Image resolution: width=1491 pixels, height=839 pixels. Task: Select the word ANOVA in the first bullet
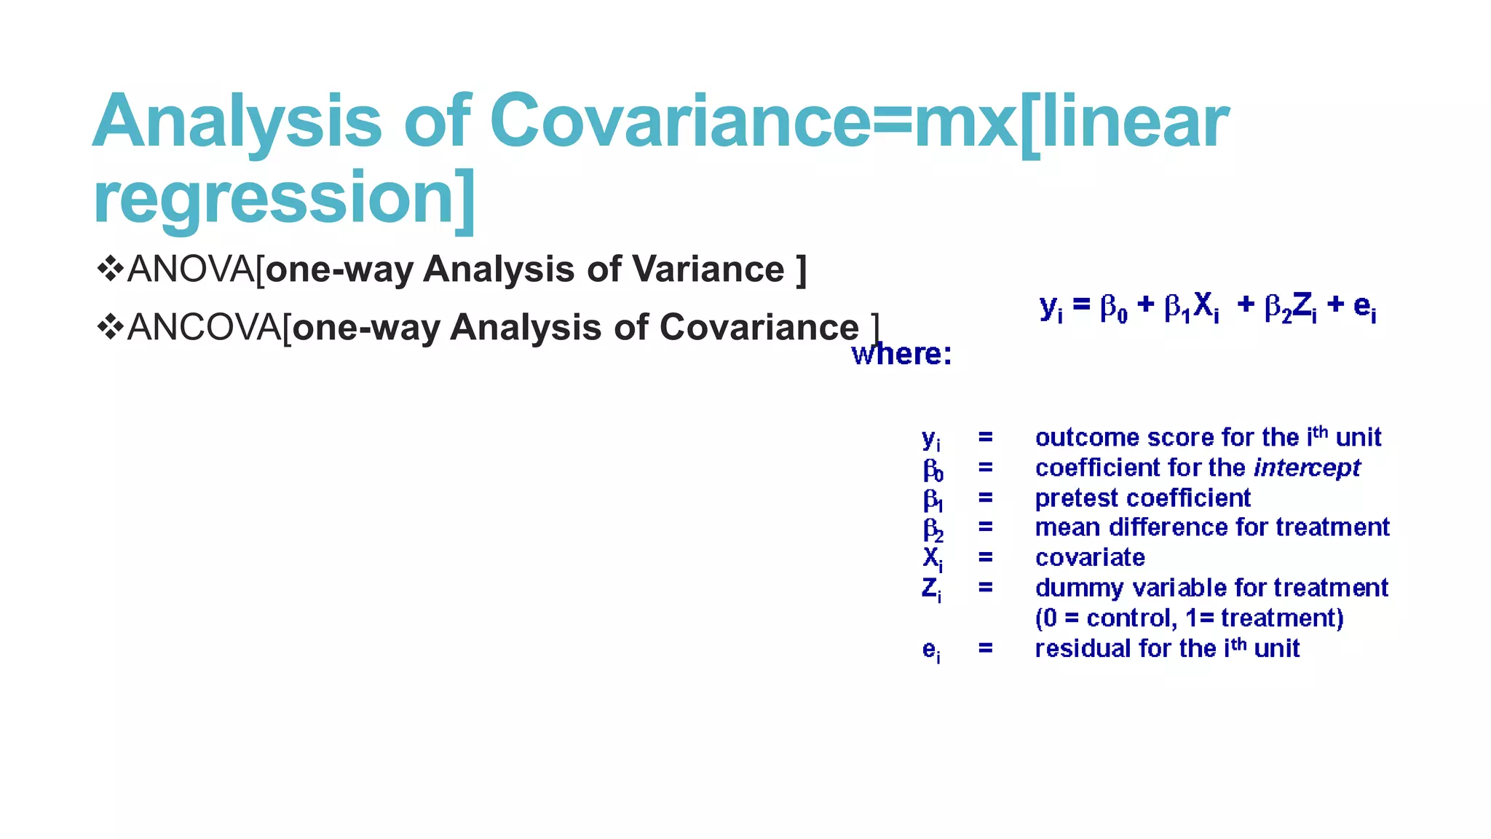point(190,269)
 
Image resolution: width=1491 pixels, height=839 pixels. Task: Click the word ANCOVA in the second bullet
point(204,328)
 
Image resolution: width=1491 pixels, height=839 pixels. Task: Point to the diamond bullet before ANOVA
point(110,269)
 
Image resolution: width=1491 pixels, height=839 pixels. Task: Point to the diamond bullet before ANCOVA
point(110,327)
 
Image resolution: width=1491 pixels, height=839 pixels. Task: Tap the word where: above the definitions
point(901,355)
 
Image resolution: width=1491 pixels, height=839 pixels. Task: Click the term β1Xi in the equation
point(1191,306)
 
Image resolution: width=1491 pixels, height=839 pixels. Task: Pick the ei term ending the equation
point(1364,306)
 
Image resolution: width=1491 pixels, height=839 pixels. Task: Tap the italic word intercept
point(1307,468)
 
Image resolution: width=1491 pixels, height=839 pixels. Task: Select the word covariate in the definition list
point(1090,558)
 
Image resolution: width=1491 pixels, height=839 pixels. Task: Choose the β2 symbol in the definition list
point(933,529)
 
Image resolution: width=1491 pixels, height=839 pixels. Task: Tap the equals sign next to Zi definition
point(985,587)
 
